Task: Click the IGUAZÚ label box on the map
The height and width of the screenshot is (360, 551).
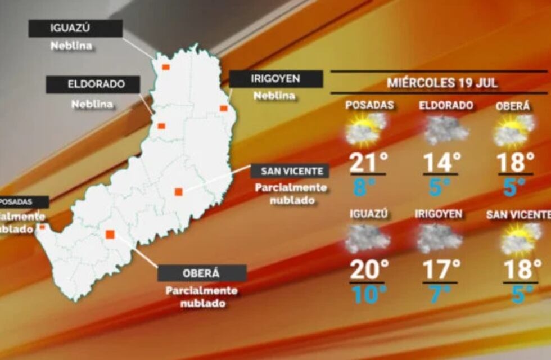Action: click(75, 29)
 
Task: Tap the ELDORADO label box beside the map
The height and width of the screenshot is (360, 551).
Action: click(93, 85)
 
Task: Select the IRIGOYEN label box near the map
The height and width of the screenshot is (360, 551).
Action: click(275, 79)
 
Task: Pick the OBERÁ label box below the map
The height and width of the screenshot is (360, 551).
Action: click(202, 273)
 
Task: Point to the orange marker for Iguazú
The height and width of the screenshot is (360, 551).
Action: click(166, 67)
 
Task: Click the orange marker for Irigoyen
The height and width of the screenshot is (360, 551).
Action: click(223, 108)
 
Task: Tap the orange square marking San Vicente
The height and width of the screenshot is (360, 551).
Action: click(178, 192)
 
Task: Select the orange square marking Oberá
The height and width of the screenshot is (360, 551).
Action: click(110, 234)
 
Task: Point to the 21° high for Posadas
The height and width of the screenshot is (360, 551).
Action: click(368, 163)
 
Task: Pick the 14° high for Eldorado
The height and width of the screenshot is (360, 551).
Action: click(442, 163)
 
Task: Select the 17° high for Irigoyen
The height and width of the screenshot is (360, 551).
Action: click(441, 269)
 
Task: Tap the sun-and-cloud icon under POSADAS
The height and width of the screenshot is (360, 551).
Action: click(365, 129)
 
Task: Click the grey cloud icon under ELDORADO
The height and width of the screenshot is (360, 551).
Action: click(445, 130)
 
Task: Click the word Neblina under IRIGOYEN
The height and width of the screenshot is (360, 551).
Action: click(274, 96)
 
